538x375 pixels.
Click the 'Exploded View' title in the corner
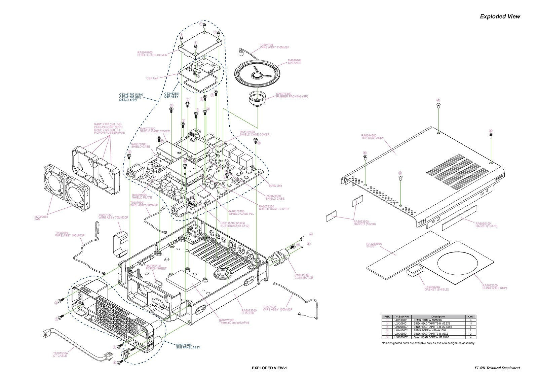[x=500, y=16]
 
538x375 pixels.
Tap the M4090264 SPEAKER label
[x=294, y=62]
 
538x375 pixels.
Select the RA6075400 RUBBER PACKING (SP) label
[x=292, y=95]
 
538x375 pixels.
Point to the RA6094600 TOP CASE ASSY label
[x=372, y=137]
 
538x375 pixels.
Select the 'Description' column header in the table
[x=438, y=316]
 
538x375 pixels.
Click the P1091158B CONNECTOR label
[x=304, y=276]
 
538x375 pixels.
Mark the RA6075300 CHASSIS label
[x=249, y=311]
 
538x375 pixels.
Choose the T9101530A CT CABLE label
[x=60, y=354]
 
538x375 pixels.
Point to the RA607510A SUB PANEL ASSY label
[x=188, y=346]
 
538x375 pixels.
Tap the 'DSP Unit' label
[x=152, y=78]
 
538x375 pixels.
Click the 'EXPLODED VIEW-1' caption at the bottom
[x=269, y=368]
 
